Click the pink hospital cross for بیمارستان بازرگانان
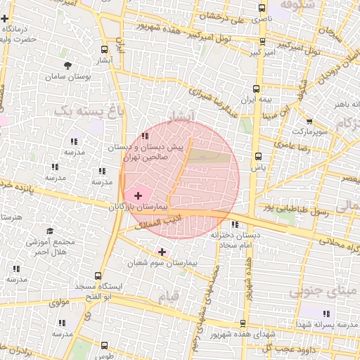pyautogui.click(x=138, y=195)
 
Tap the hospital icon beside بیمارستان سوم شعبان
pyautogui.click(x=162, y=251)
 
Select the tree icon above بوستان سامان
pyautogui.click(x=67, y=65)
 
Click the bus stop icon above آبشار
pyautogui.click(x=105, y=50)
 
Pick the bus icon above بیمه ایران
pyautogui.click(x=256, y=89)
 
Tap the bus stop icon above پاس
pyautogui.click(x=258, y=156)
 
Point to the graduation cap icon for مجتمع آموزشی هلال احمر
pyautogui.click(x=50, y=231)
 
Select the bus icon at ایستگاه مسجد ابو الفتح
pyautogui.click(x=98, y=276)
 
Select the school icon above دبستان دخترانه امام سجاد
pyautogui.click(x=234, y=224)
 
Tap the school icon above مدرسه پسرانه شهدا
pyautogui.click(x=325, y=313)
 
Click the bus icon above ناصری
pyautogui.click(x=262, y=9)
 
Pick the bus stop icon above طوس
pyautogui.click(x=104, y=345)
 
